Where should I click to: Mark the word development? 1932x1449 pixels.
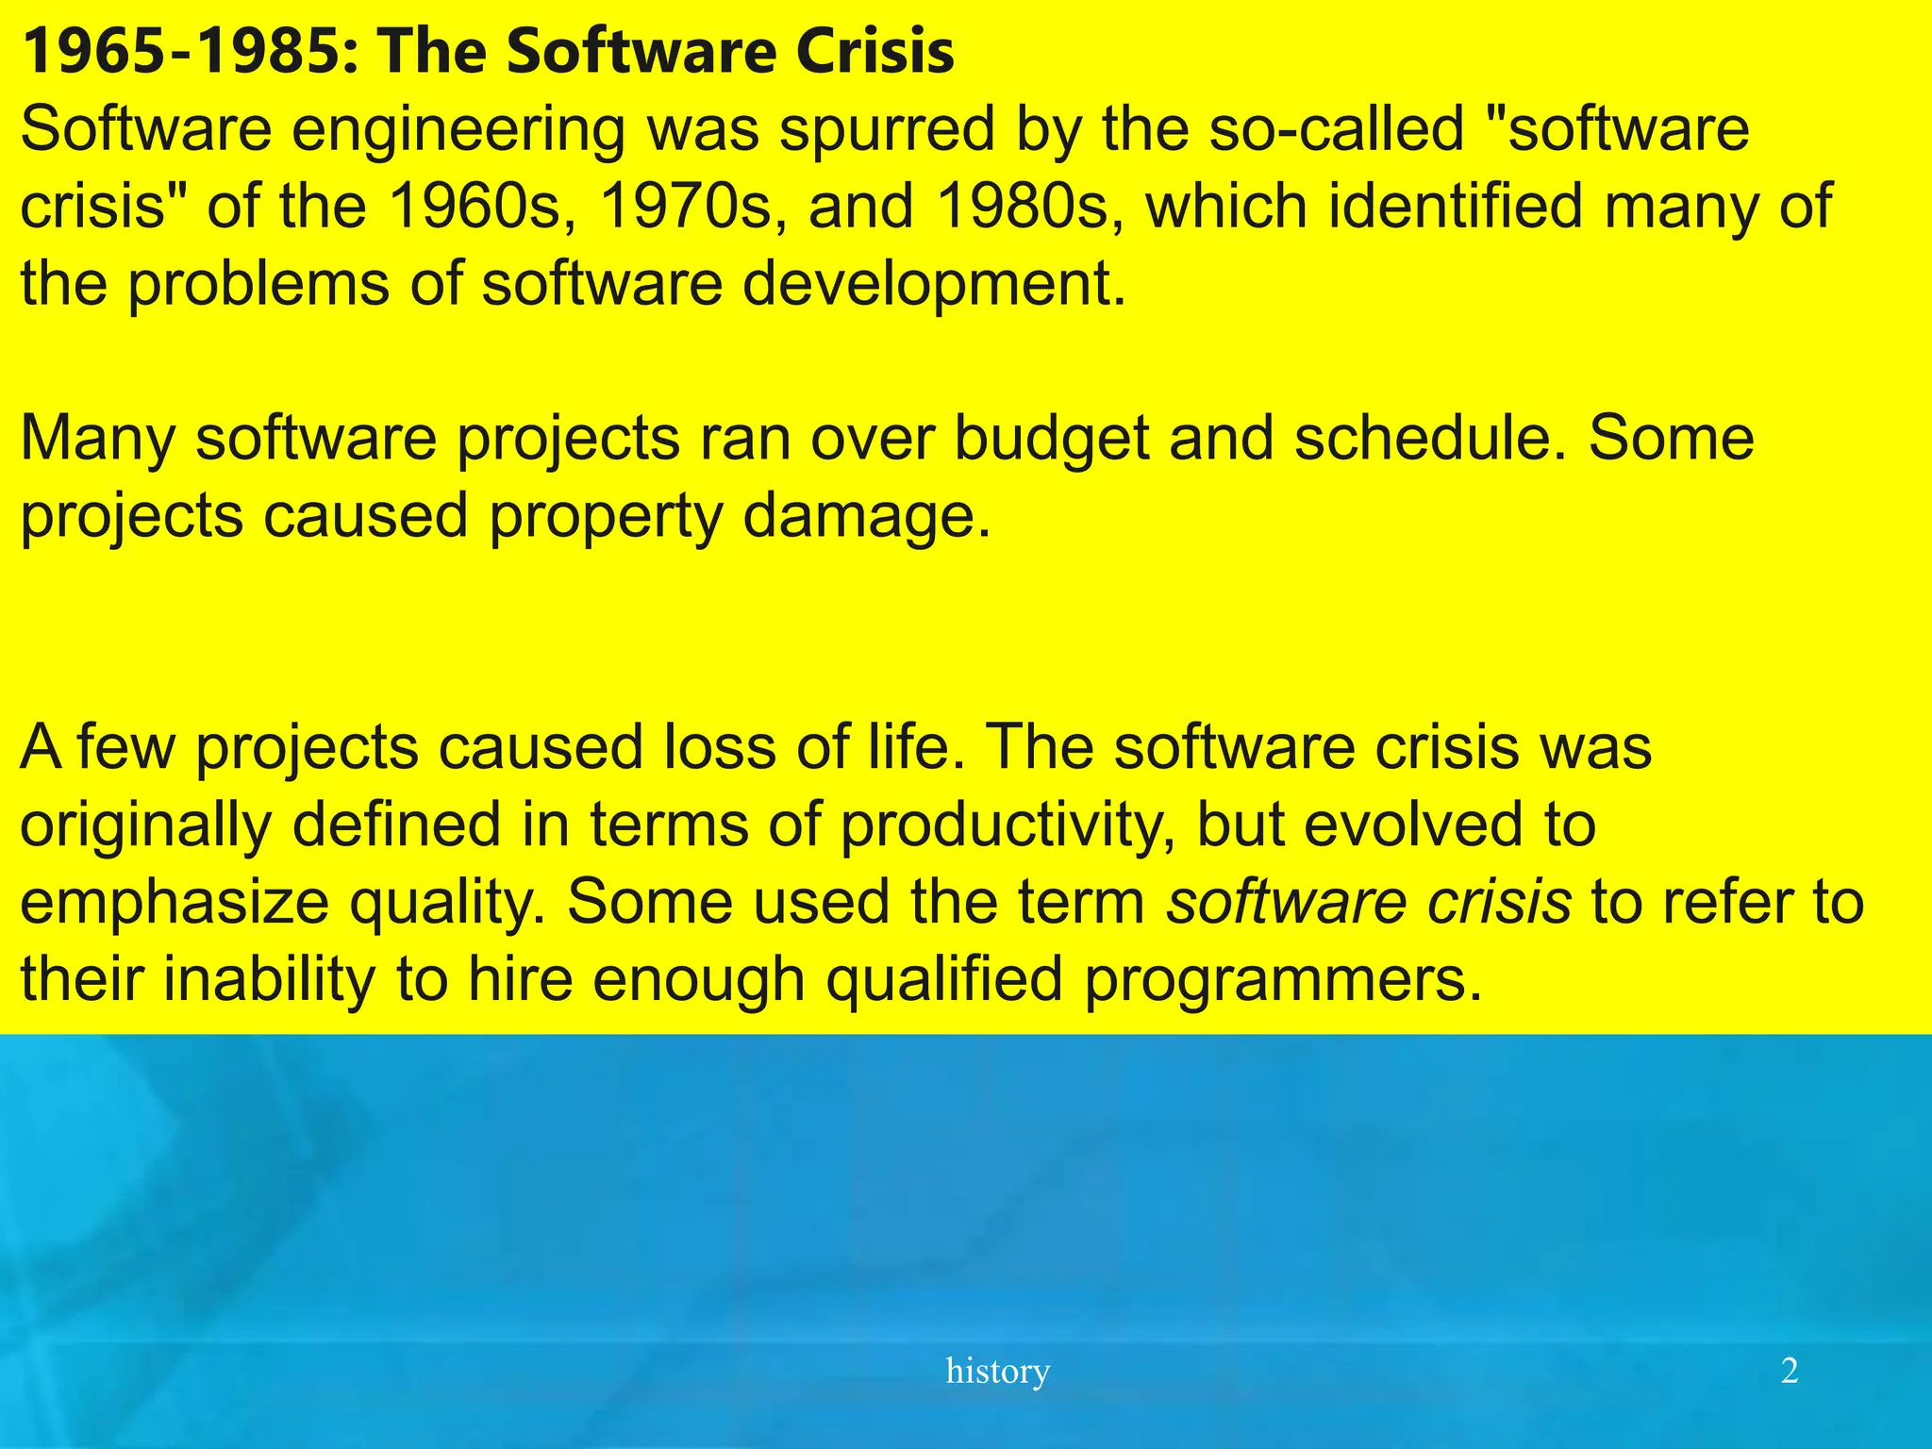coord(934,284)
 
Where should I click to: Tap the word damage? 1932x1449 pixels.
coord(867,517)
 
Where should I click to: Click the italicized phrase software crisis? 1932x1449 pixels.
coord(1369,903)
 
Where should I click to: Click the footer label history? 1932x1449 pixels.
coord(997,1371)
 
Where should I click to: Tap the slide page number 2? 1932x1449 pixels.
coord(1790,1371)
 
